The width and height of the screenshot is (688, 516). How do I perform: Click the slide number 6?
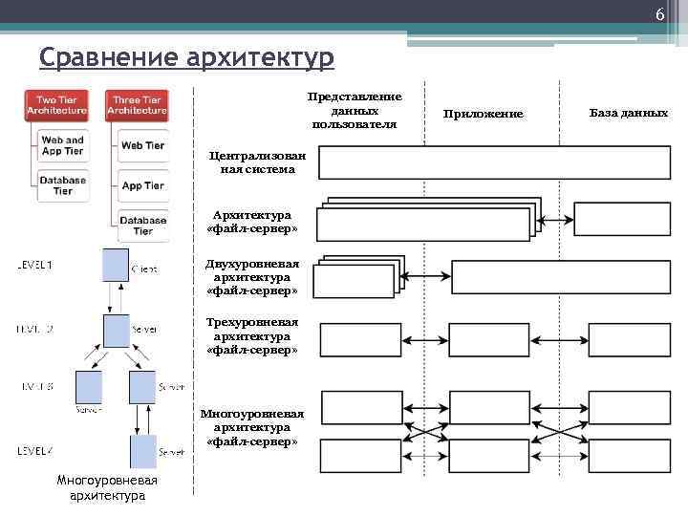(x=659, y=13)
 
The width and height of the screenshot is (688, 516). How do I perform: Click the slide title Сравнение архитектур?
(x=187, y=59)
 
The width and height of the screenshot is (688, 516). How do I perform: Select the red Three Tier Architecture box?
(x=137, y=105)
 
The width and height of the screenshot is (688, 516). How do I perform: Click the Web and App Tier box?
(x=62, y=145)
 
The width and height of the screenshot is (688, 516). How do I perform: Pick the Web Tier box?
(x=142, y=145)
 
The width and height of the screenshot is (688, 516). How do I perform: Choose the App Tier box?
(x=142, y=185)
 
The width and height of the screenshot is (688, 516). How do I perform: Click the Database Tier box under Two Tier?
(x=62, y=184)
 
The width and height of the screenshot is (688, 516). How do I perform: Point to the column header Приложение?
(x=484, y=114)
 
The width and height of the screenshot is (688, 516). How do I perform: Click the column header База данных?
(x=628, y=113)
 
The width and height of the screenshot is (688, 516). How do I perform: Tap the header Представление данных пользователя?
(x=355, y=111)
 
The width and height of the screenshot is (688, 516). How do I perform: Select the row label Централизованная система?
(x=252, y=162)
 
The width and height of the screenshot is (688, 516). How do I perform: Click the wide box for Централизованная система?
(x=494, y=163)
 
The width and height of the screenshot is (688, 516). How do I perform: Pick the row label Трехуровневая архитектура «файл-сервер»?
(x=252, y=336)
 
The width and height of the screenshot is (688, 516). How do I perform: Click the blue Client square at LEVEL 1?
(x=116, y=264)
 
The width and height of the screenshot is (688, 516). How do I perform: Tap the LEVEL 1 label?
(x=36, y=264)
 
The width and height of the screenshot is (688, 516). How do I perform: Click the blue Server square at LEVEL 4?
(x=142, y=450)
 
